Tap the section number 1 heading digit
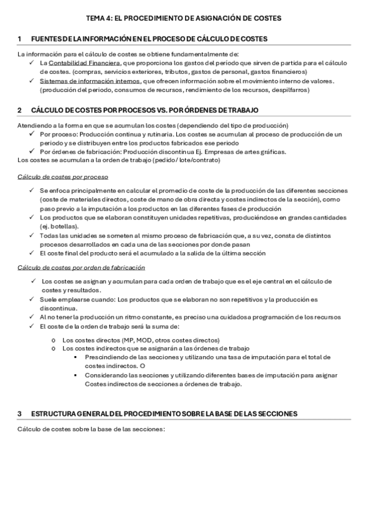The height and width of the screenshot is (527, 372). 20,39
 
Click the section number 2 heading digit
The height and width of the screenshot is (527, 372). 20,110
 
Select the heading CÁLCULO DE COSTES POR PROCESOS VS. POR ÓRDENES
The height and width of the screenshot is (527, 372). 143,110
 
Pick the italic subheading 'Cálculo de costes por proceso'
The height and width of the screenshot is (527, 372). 63,176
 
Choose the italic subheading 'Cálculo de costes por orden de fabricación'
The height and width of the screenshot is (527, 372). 81,267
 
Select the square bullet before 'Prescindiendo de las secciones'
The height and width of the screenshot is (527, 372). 75,357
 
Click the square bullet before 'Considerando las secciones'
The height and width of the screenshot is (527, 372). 75,375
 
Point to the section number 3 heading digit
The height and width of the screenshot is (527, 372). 20,413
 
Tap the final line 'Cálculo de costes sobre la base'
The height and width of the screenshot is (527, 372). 91,429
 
